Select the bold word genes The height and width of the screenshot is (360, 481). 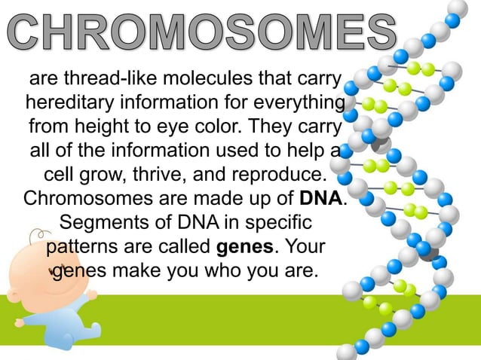[244, 246]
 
